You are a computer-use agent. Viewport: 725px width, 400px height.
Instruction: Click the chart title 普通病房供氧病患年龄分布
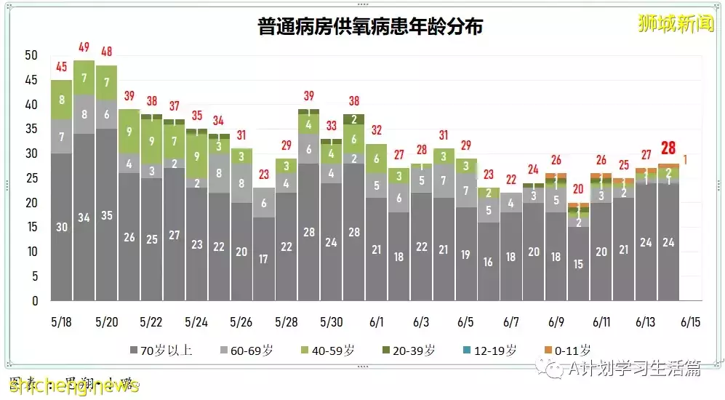coord(370,27)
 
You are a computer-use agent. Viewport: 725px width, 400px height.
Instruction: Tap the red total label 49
coord(84,48)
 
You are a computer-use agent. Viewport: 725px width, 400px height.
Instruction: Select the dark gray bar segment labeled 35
coord(106,215)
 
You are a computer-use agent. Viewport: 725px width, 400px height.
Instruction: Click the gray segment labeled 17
coord(264,258)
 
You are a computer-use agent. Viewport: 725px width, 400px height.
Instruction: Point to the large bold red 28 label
coord(668,148)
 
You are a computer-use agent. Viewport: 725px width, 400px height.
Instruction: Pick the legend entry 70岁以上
coord(160,351)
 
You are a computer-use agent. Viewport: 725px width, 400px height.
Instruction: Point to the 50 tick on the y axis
coord(31,55)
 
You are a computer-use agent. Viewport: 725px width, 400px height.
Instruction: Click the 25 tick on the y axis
coord(31,178)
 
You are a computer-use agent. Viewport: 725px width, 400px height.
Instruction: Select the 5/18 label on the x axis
coord(61,321)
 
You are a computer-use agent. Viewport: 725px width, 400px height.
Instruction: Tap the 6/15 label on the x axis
coord(690,321)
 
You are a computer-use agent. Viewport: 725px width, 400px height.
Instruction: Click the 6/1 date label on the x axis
coord(376,321)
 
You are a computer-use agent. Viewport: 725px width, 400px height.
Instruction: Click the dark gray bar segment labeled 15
coord(579,264)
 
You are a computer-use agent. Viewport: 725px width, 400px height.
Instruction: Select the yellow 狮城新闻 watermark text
coord(665,23)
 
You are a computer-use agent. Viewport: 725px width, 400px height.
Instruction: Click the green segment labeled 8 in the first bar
coord(61,100)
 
